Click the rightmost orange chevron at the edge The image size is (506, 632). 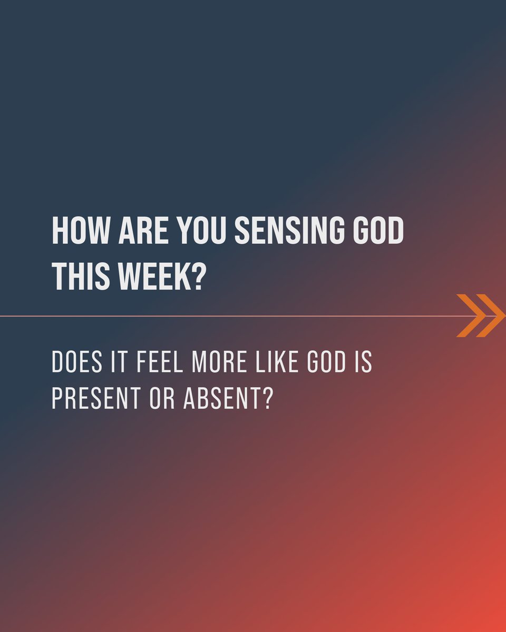click(491, 315)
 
